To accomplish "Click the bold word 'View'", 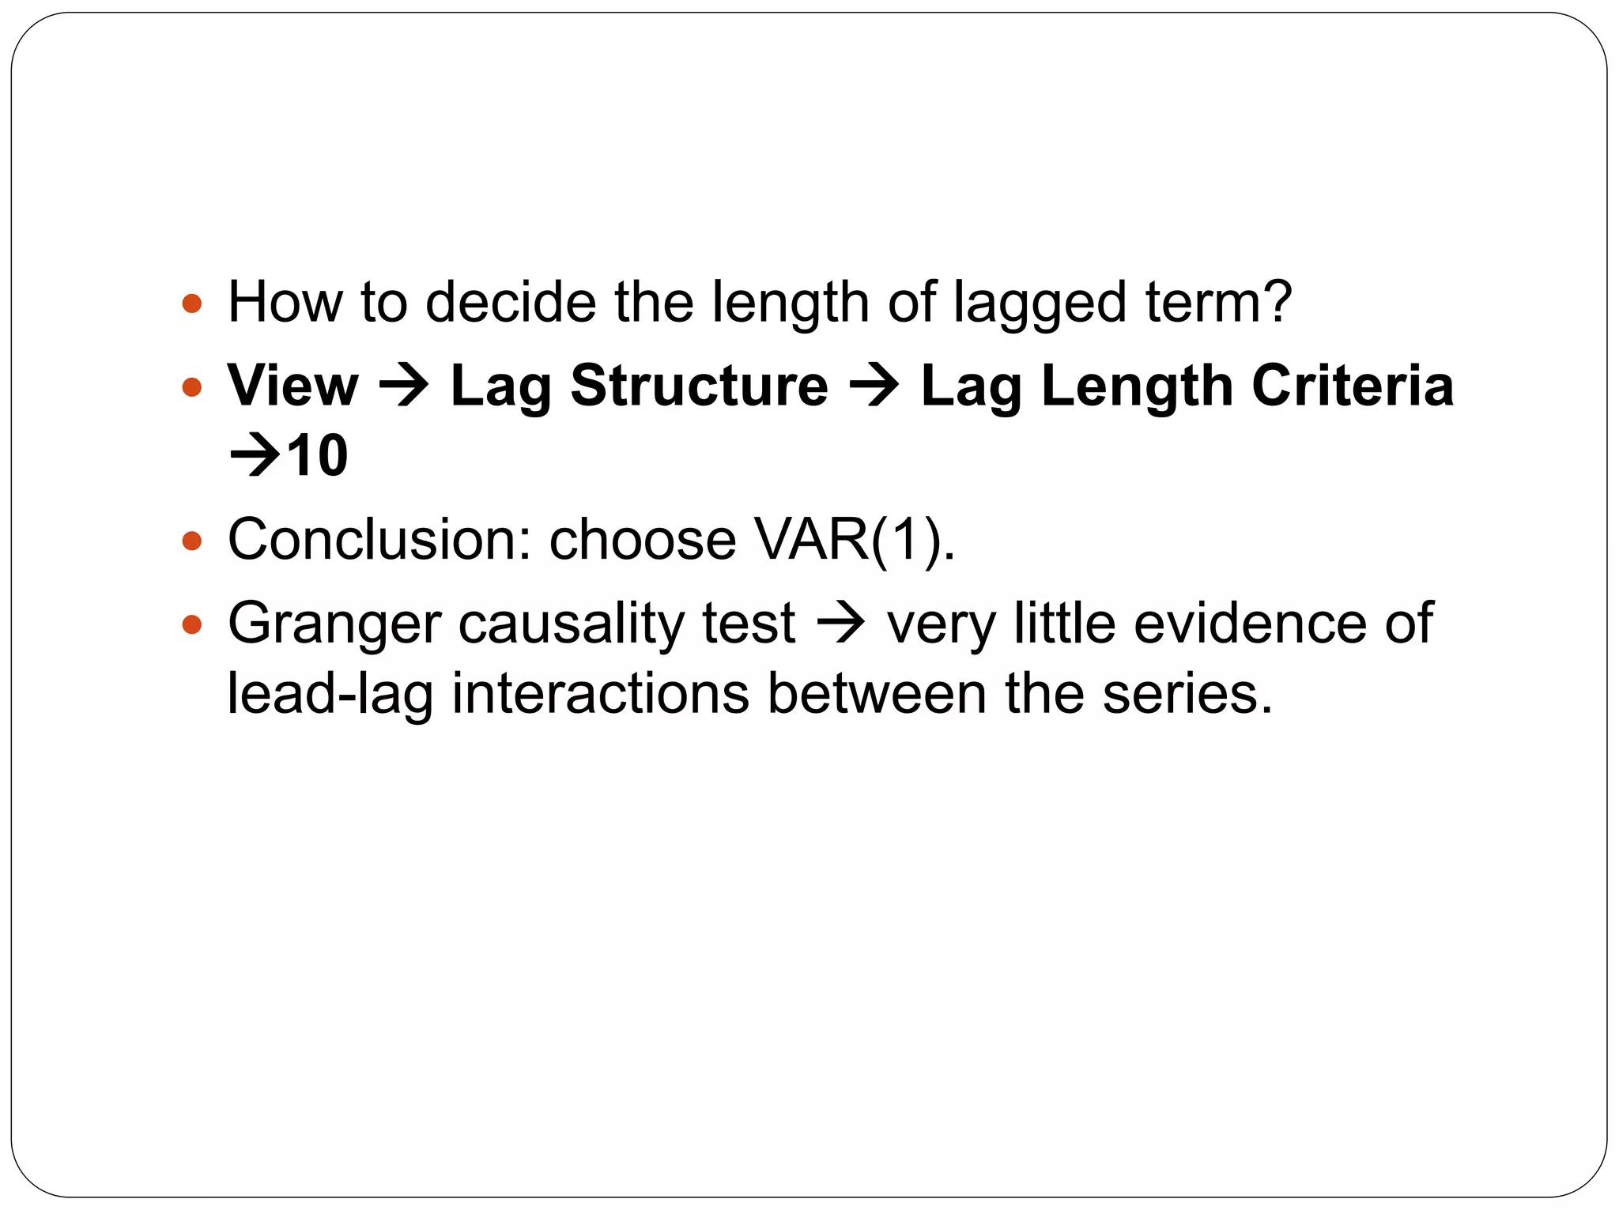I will tap(292, 386).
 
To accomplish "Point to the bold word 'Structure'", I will tap(699, 386).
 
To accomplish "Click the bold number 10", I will tap(317, 456).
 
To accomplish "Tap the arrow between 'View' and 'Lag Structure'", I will tap(404, 387).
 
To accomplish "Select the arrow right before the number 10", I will tap(255, 457).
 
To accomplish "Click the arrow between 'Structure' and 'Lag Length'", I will tap(874, 387).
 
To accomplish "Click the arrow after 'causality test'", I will tap(840, 624).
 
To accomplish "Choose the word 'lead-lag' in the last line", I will tap(330, 694).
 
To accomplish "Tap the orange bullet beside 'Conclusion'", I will tap(191, 541).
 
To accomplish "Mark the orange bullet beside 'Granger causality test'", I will tap(191, 625).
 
